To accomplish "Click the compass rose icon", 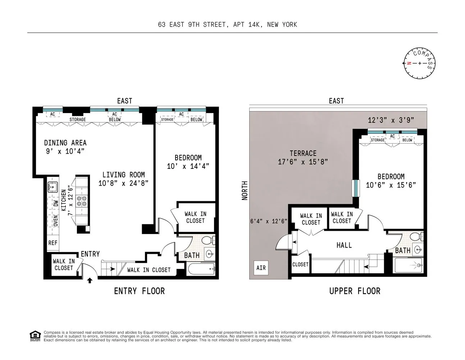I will [x=419, y=63].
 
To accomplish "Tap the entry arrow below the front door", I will [x=90, y=280].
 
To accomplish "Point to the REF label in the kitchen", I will [x=53, y=243].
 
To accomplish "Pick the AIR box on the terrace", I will [x=261, y=268].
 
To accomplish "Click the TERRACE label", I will [x=303, y=153].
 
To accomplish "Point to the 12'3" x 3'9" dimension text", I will [x=391, y=120].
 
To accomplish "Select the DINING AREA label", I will [x=65, y=143].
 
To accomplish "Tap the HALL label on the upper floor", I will [x=344, y=245].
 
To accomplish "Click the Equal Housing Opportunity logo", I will [x=35, y=336].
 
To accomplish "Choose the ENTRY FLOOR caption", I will [x=139, y=291].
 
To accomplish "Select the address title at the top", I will [x=228, y=24].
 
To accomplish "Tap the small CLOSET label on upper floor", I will [x=300, y=264].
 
